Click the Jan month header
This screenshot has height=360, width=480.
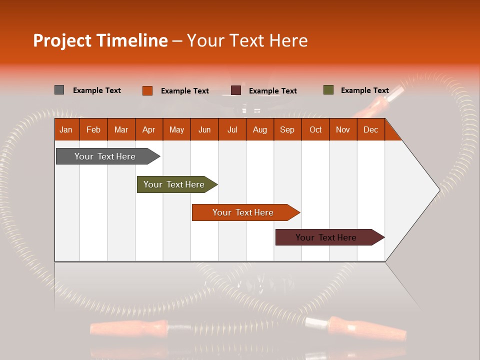[x=66, y=129]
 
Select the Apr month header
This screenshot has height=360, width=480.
[x=148, y=129]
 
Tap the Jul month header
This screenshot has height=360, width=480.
[x=232, y=129]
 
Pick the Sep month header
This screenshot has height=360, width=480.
[x=287, y=129]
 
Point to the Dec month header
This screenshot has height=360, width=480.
[x=370, y=129]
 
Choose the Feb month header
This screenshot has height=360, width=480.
[x=93, y=129]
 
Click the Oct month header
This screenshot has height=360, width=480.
[x=315, y=129]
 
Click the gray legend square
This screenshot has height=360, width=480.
[x=59, y=90]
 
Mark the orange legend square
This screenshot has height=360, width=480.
[x=147, y=90]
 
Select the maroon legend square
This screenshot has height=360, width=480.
[x=235, y=90]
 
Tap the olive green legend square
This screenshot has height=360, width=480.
[x=328, y=90]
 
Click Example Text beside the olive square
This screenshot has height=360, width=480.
[x=364, y=90]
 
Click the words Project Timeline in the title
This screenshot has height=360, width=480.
[x=100, y=40]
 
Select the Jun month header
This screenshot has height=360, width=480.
[x=204, y=129]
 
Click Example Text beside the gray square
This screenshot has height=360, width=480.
[x=96, y=90]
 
